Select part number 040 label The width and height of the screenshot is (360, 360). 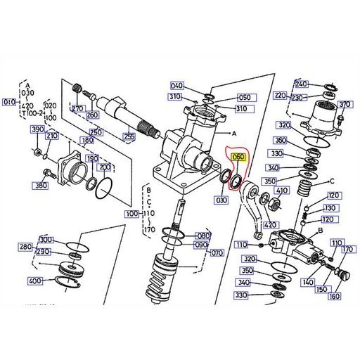[176, 84]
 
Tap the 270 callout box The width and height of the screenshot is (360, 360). [77, 109]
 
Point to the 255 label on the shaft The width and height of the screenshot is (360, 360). [129, 136]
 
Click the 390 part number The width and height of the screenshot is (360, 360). [37, 131]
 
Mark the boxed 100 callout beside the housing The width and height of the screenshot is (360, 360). [131, 213]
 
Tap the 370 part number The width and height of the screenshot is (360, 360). [344, 105]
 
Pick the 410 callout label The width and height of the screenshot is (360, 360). [283, 191]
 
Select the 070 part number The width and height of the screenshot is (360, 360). [217, 252]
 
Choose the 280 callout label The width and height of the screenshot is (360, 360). [26, 247]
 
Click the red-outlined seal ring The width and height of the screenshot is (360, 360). [237, 179]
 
